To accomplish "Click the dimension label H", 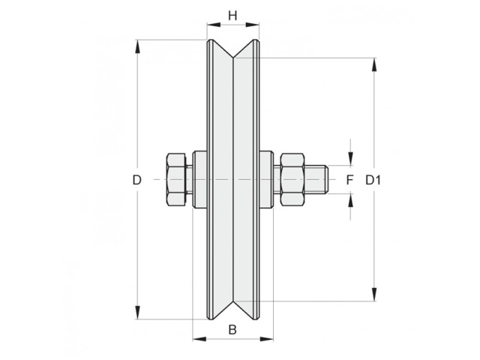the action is click(232, 15).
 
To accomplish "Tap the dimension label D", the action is click(136, 180).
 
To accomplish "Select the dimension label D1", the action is click(373, 180).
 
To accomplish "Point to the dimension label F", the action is click(349, 180).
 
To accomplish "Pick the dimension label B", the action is click(232, 330).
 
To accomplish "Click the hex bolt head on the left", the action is click(176, 180).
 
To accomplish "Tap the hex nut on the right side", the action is click(292, 180).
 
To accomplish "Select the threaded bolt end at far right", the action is click(316, 180).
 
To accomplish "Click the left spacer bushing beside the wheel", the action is click(199, 180).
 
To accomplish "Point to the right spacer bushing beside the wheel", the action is click(266, 180).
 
